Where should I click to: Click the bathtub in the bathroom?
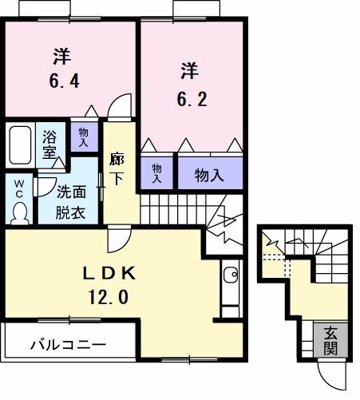point(19,146)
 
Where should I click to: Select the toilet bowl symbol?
point(20,209)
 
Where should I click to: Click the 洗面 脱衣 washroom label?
point(71,202)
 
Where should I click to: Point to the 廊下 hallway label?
point(117,168)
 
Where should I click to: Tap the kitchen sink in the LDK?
point(230,276)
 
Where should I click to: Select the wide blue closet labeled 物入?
point(209,174)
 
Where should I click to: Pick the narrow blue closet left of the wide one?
point(157,173)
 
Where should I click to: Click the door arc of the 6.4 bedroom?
point(120,106)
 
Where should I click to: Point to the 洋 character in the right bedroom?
point(188,70)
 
